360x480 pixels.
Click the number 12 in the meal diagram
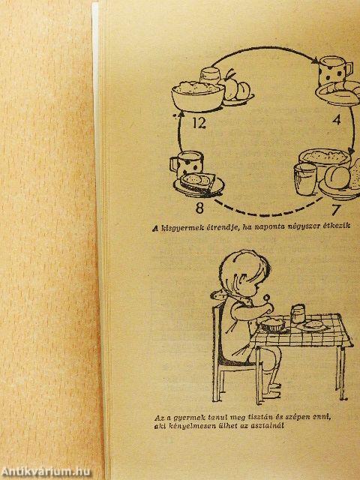pyautogui.click(x=199, y=123)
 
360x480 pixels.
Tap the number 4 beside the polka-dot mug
pyautogui.click(x=337, y=120)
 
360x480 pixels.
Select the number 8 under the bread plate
pyautogui.click(x=199, y=208)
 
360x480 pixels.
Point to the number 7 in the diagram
pyautogui.click(x=336, y=210)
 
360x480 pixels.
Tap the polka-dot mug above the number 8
pyautogui.click(x=187, y=163)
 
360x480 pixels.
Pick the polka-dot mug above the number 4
pyautogui.click(x=335, y=70)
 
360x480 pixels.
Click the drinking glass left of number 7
pyautogui.click(x=305, y=179)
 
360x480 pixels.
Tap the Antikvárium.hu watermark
pyautogui.click(x=46, y=472)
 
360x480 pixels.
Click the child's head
pyautogui.click(x=244, y=274)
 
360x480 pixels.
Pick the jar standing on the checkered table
pyautogui.click(x=298, y=313)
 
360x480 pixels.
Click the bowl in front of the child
pyautogui.click(x=273, y=325)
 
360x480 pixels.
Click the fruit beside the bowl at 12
pyautogui.click(x=237, y=88)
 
